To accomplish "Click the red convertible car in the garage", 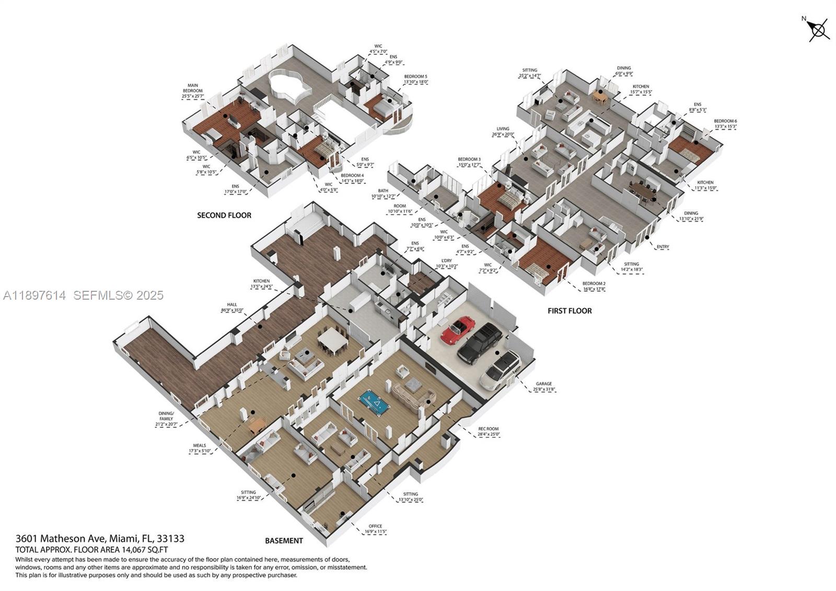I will pos(458,330).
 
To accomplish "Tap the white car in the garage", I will pos(500,370).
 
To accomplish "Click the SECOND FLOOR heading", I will pos(224,215).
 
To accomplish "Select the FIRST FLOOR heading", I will pos(570,311).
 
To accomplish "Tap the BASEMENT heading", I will pos(284,541).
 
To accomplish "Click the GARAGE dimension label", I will pos(543,387).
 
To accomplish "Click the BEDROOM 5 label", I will pos(415,79).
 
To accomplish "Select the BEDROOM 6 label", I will pos(725,123).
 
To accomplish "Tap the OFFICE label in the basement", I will pos(375,529).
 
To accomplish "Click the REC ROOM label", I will pos(489,431).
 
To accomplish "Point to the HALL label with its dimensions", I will pos(232,307).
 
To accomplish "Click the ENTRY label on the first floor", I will pos(663,247).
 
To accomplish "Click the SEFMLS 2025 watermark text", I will pos(118,295).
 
